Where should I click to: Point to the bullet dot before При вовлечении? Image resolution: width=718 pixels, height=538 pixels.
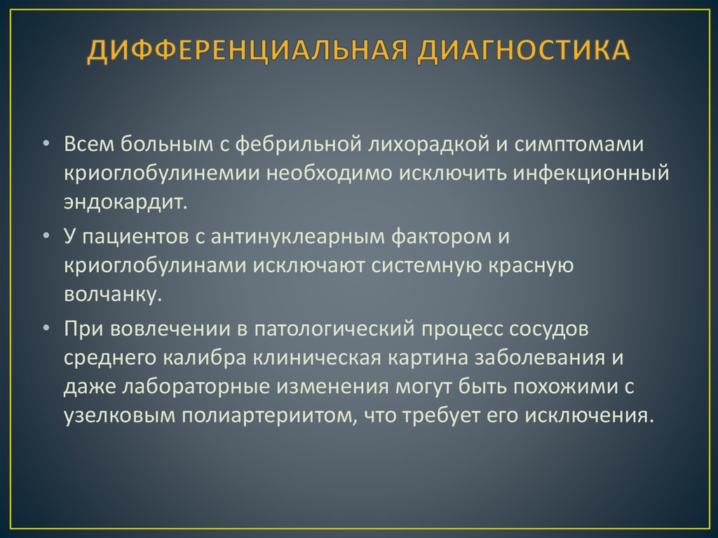pos(46,328)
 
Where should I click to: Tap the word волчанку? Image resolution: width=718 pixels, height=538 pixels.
pos(112,294)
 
